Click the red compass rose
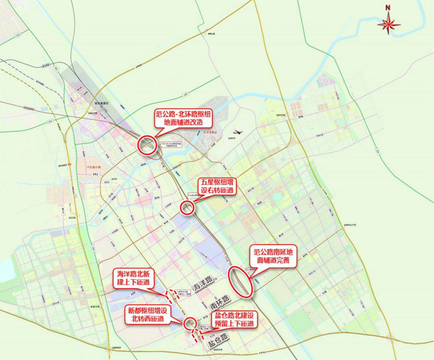point(390,23)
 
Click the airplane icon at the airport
point(239,131)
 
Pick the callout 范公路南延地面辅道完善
point(274,256)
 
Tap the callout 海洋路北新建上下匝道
point(133,277)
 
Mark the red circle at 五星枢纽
point(187,207)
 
